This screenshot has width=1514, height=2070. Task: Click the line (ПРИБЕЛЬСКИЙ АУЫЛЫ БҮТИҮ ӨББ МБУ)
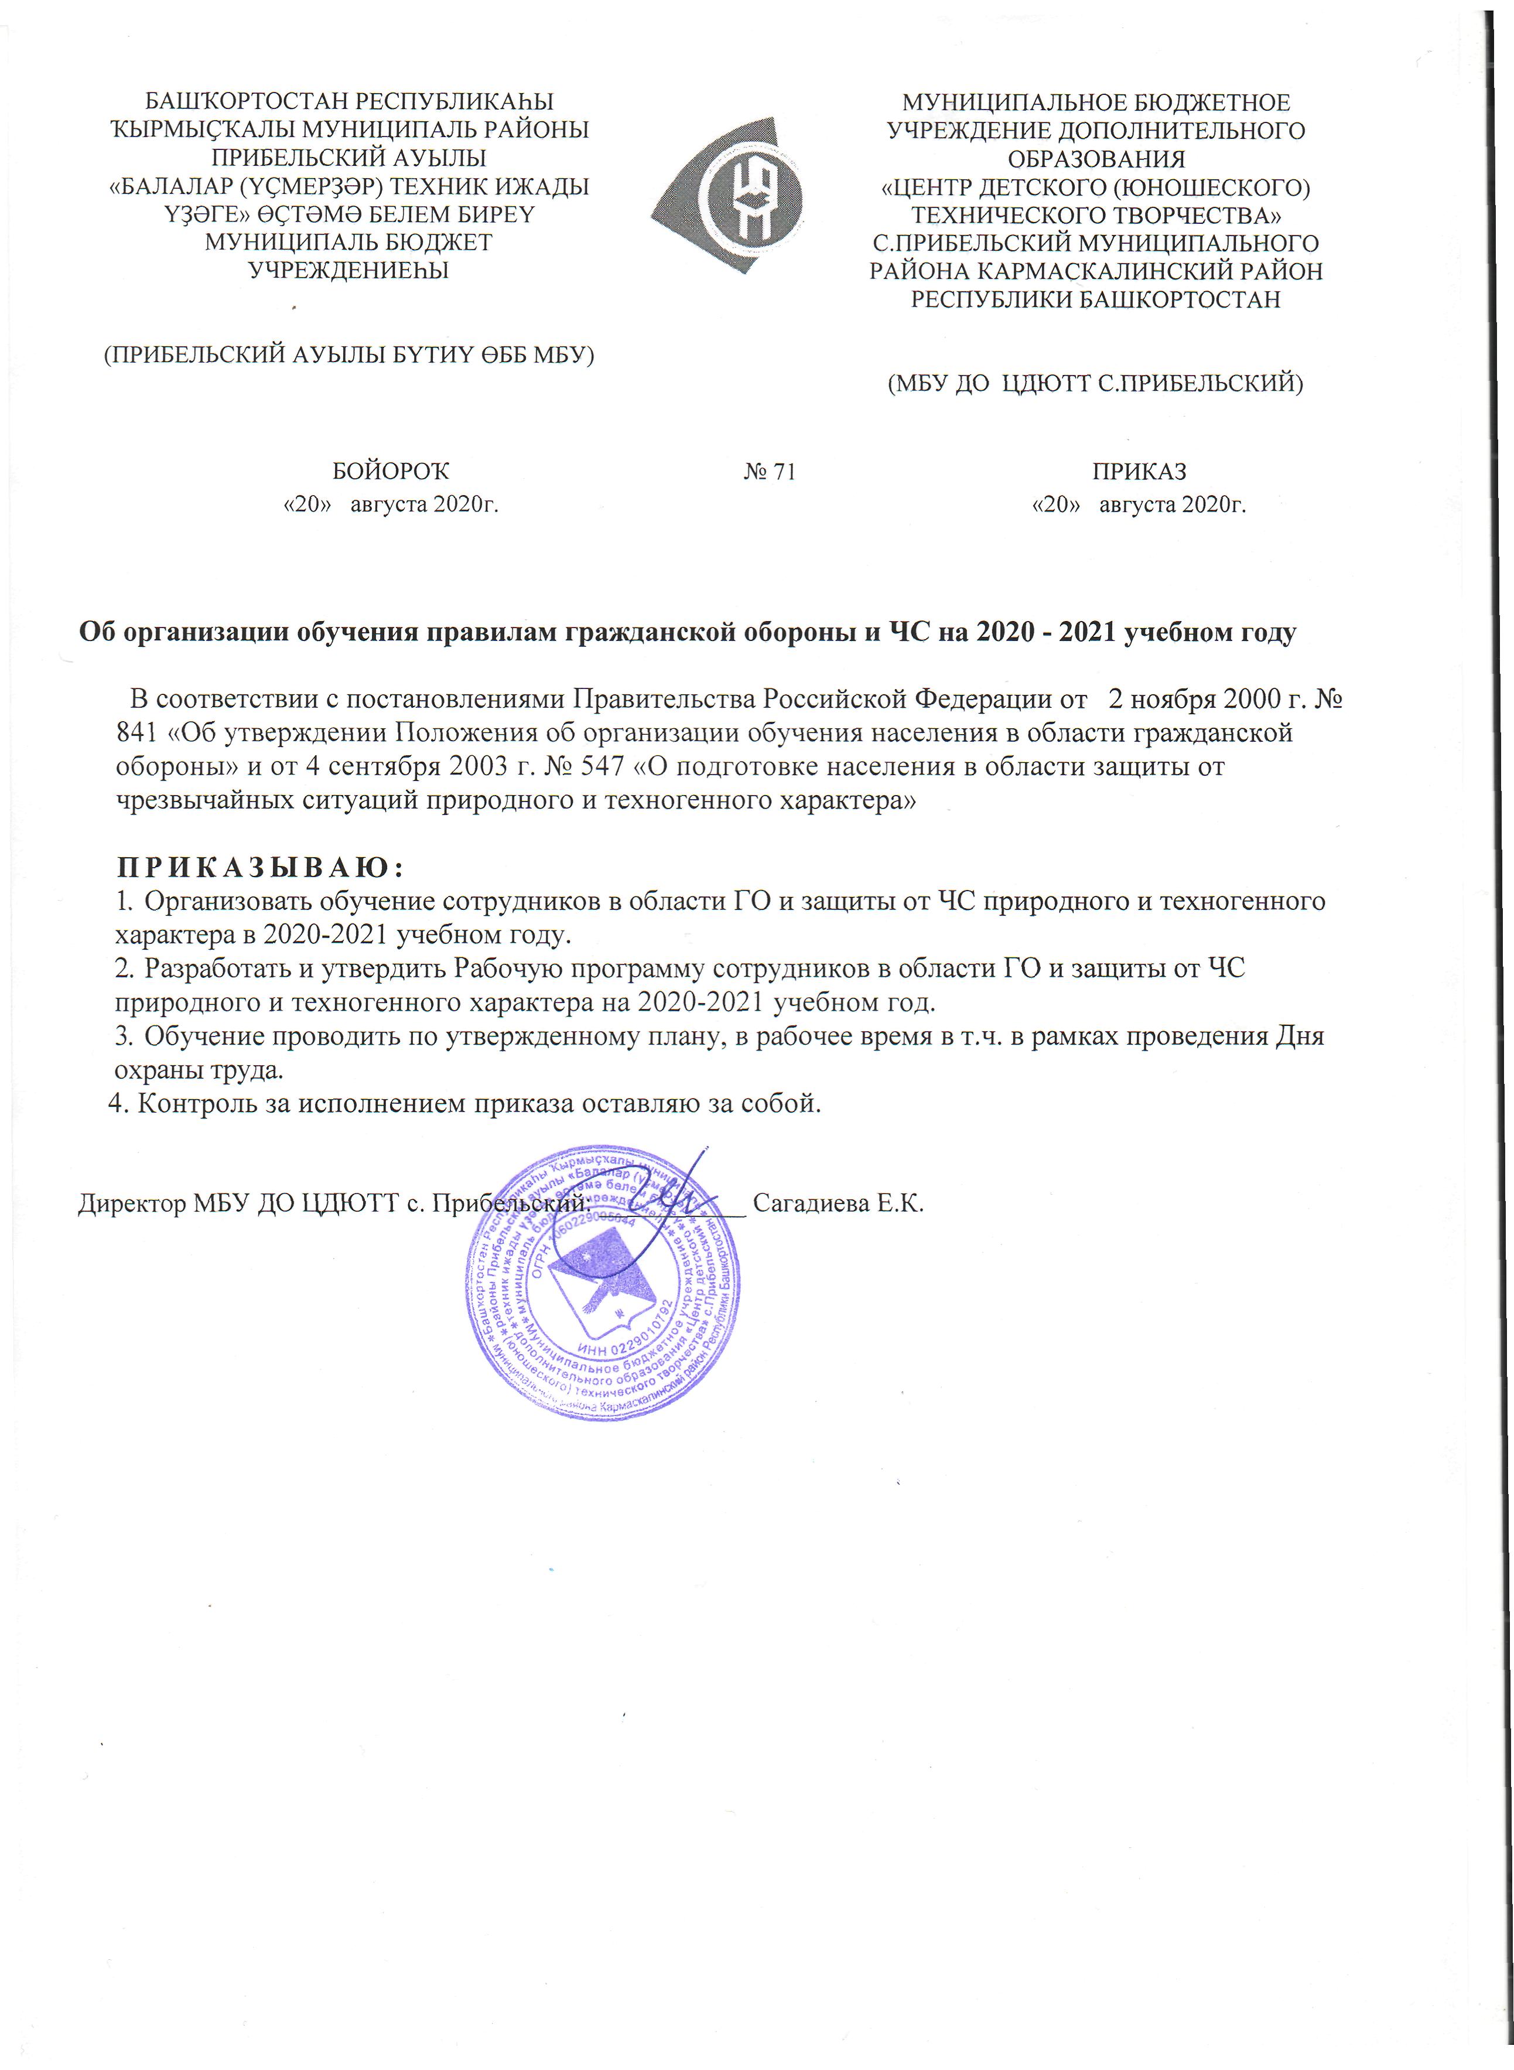(x=348, y=354)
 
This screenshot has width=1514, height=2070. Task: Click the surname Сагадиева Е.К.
(x=838, y=1203)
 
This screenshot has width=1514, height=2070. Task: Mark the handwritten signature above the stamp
(x=664, y=1192)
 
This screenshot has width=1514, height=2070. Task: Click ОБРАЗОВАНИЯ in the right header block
(x=1096, y=159)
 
